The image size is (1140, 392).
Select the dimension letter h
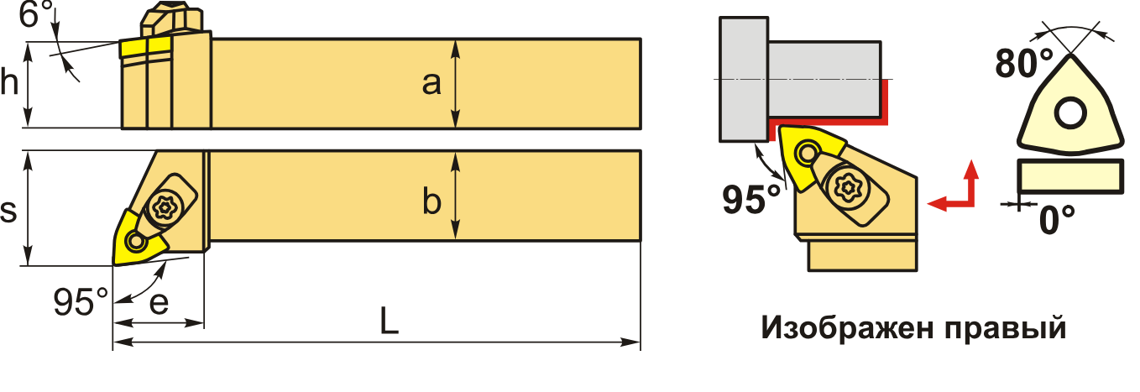(9, 84)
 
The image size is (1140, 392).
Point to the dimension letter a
(431, 84)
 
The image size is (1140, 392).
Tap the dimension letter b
(431, 202)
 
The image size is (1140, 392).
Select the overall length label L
(388, 320)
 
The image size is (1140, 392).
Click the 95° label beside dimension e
(80, 301)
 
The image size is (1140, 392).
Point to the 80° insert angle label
(1023, 63)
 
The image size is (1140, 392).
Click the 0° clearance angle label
(1058, 220)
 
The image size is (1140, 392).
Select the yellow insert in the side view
(132, 48)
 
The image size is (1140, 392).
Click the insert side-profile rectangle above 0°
(1069, 176)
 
